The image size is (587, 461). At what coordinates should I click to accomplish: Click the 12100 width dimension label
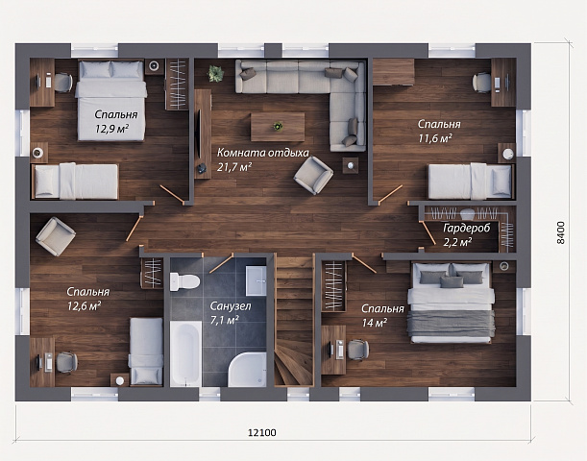[262, 432]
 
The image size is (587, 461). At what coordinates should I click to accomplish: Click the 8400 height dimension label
[560, 232]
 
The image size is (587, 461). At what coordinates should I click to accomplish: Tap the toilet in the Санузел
[184, 281]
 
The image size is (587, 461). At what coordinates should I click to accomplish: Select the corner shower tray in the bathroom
[248, 370]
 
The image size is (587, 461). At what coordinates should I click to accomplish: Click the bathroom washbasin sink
[257, 280]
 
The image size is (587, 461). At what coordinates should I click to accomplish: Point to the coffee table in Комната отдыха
[278, 127]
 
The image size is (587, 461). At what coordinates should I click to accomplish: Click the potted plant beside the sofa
[215, 74]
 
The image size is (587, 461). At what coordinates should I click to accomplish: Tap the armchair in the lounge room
[313, 175]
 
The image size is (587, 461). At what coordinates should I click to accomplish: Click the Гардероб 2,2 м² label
[466, 235]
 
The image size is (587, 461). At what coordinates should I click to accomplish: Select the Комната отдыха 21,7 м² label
[263, 159]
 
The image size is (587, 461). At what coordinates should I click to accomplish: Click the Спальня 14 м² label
[382, 315]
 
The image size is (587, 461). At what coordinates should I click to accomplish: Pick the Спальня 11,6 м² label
[439, 131]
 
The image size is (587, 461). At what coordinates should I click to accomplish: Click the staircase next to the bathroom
[294, 321]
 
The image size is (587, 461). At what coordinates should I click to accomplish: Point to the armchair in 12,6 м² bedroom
[56, 236]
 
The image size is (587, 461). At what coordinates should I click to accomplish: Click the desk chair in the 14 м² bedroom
[358, 351]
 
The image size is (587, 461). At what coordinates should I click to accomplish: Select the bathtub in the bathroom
[185, 353]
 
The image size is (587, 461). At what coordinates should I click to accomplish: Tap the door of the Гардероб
[428, 233]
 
